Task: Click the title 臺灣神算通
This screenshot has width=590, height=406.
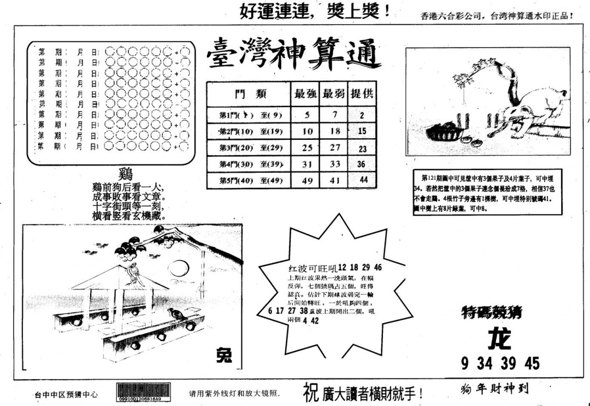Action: click(x=293, y=56)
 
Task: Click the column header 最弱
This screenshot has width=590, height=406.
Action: click(x=334, y=93)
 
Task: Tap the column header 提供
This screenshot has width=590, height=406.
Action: click(x=362, y=93)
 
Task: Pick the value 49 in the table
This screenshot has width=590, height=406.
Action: click(x=307, y=180)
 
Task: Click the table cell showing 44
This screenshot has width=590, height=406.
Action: click(x=363, y=180)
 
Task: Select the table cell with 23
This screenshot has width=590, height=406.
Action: click(x=363, y=149)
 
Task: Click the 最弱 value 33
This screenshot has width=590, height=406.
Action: click(x=335, y=164)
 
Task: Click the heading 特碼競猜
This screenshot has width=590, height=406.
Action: click(x=491, y=313)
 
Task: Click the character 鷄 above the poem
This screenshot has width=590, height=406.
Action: click(x=126, y=175)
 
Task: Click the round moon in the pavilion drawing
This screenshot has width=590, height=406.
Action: click(x=176, y=268)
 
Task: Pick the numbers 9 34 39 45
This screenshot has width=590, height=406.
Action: click(x=500, y=363)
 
